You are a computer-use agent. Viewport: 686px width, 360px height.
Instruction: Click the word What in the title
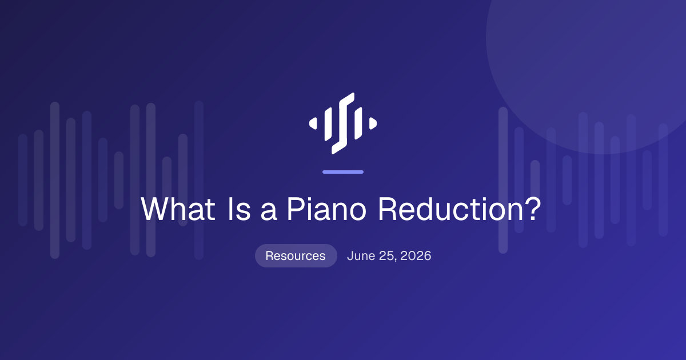point(178,209)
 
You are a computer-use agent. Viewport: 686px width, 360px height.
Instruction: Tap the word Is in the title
point(240,209)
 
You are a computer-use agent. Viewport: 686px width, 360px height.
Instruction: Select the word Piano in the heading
point(326,209)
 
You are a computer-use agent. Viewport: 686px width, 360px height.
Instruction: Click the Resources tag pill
point(296,255)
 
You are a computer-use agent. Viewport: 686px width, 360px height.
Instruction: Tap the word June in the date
point(361,255)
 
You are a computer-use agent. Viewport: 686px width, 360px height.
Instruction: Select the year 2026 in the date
point(416,255)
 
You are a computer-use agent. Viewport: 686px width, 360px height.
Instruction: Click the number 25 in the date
point(387,256)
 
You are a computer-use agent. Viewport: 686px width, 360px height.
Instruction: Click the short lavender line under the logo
point(343,172)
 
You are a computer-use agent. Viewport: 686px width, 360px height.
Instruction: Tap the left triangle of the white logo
point(313,123)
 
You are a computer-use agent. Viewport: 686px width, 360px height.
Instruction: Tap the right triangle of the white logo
point(373,123)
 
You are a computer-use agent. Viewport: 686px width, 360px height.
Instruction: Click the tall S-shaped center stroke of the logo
point(343,123)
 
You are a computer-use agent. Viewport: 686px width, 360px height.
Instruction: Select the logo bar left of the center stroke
point(328,124)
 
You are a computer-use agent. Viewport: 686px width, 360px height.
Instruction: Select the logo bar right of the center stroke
point(358,123)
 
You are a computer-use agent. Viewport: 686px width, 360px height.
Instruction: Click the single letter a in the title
point(269,211)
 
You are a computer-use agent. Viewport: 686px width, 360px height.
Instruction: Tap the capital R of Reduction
point(387,209)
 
